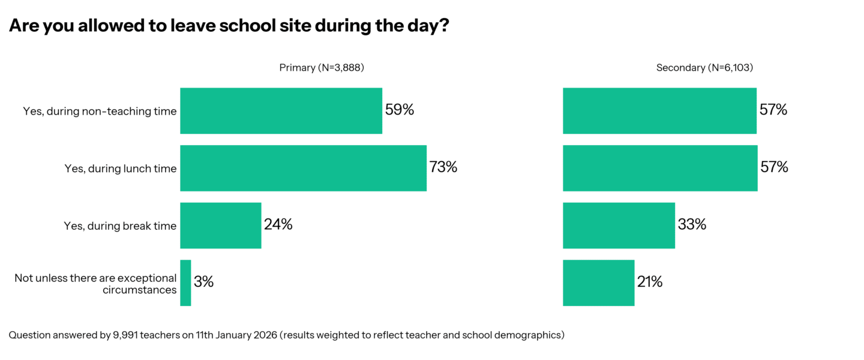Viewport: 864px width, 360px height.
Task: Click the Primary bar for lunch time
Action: [303, 168]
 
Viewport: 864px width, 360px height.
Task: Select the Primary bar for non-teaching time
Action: [281, 111]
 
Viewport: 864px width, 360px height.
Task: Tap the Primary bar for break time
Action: [220, 226]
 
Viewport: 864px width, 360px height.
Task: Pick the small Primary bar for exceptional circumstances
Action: [185, 283]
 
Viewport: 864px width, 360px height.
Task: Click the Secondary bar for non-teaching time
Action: [659, 111]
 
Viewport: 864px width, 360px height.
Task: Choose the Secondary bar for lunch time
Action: [660, 168]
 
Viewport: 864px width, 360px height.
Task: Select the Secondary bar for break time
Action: [619, 226]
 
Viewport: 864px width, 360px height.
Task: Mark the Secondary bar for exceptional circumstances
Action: [598, 283]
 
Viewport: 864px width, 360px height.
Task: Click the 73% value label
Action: [443, 167]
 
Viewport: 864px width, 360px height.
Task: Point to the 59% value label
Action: [400, 110]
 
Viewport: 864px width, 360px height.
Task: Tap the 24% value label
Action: [278, 225]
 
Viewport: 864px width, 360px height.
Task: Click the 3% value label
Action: [204, 282]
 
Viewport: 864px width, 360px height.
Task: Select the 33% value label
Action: [692, 225]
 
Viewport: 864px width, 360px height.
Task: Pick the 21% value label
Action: [650, 282]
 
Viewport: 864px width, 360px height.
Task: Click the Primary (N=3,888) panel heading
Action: [322, 68]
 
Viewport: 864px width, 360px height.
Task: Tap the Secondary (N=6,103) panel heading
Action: [704, 68]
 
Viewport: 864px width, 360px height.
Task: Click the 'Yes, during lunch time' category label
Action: [121, 169]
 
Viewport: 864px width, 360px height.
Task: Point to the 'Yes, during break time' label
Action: [120, 226]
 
